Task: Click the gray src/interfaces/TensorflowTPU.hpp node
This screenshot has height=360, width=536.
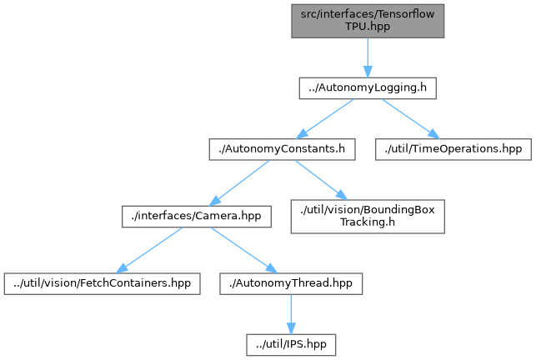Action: click(x=367, y=20)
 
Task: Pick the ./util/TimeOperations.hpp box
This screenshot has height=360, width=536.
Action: click(x=453, y=149)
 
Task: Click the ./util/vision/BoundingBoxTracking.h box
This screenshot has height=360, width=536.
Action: click(x=367, y=217)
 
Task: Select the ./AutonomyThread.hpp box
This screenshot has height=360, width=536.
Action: click(x=289, y=283)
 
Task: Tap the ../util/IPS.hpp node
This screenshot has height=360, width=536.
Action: click(x=289, y=342)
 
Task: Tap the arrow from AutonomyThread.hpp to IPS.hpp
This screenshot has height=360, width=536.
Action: click(x=289, y=312)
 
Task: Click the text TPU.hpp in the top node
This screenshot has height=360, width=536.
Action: click(x=367, y=26)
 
